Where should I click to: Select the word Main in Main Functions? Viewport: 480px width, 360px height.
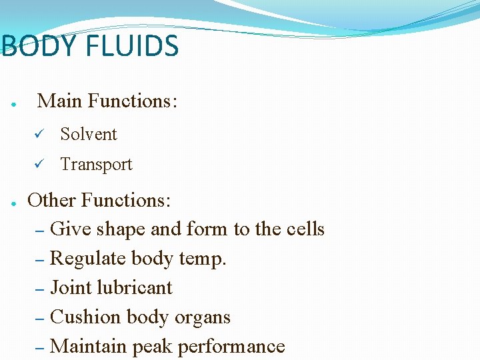60,101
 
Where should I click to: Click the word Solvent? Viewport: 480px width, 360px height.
88,134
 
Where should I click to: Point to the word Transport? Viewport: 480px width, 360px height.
96,165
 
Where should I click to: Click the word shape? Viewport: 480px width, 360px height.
121,230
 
